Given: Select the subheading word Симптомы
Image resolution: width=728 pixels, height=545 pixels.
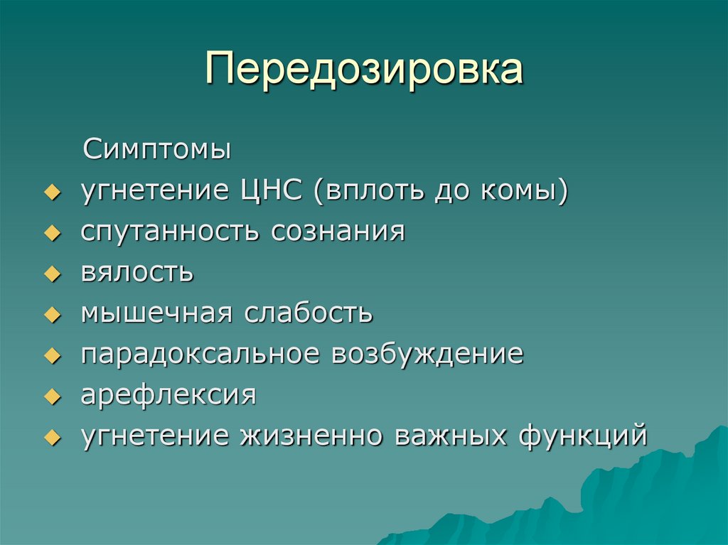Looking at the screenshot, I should pyautogui.click(x=157, y=150).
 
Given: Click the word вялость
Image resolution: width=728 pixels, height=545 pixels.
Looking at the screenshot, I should pyautogui.click(x=136, y=273).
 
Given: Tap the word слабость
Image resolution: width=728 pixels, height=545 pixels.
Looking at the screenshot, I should pyautogui.click(x=309, y=313).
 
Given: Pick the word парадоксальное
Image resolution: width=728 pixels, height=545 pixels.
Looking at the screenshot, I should pyautogui.click(x=198, y=354).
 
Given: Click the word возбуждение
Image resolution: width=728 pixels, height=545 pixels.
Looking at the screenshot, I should pyautogui.click(x=426, y=354).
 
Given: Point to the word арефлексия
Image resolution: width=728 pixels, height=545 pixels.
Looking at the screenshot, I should pyautogui.click(x=168, y=394).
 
